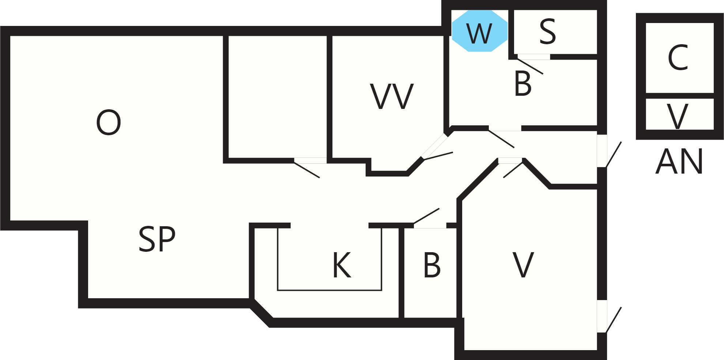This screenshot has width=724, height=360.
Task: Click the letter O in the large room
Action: click(x=108, y=122)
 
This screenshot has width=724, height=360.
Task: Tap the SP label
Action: click(x=157, y=239)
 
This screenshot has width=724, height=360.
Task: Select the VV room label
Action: click(x=392, y=96)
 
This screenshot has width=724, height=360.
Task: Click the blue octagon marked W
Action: click(x=480, y=31)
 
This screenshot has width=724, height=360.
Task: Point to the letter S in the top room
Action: click(x=548, y=32)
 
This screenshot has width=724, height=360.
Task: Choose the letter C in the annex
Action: click(x=678, y=57)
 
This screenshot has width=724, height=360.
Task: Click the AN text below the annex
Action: click(x=679, y=161)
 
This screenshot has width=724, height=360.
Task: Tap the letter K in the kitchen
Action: click(x=342, y=265)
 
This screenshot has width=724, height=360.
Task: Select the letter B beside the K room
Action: click(x=432, y=265)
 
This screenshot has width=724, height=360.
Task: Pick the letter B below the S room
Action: click(x=523, y=83)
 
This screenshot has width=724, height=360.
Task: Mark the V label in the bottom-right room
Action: click(x=523, y=265)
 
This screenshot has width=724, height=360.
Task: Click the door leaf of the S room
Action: click(x=530, y=66)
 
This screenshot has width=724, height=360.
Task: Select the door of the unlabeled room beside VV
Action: click(x=307, y=170)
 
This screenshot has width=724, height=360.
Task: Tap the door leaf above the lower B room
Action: click(x=426, y=216)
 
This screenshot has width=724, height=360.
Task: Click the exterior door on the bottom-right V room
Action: click(x=614, y=320)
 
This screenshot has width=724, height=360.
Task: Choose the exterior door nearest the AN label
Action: click(x=614, y=155)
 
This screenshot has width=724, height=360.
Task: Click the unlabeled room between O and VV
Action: click(x=278, y=97)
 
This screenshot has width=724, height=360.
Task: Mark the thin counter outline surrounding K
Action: click(x=329, y=290)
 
